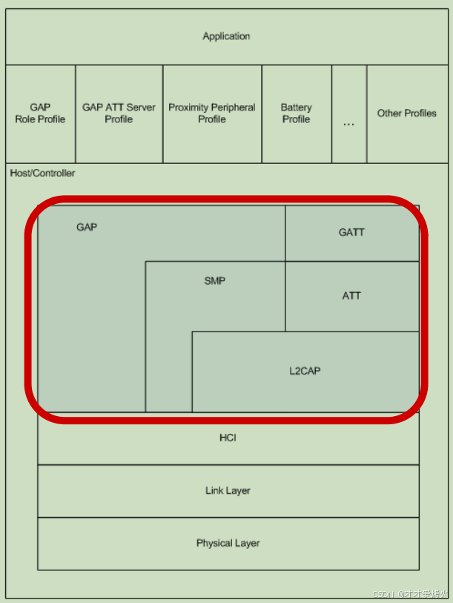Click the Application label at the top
point(226,36)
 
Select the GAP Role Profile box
point(40,113)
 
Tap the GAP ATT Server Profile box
point(119,113)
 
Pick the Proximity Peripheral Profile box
point(212,113)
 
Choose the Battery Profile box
point(296,113)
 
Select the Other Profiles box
point(406,113)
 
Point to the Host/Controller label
point(42,173)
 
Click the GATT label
point(351,232)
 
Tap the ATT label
point(351,295)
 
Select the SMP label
point(214,281)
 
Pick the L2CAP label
point(305,371)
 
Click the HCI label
point(228,438)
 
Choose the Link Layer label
point(228,490)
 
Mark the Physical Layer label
point(228,543)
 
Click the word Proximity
point(190,108)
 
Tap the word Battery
point(296,108)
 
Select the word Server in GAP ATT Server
point(142,108)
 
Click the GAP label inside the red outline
point(87,227)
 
